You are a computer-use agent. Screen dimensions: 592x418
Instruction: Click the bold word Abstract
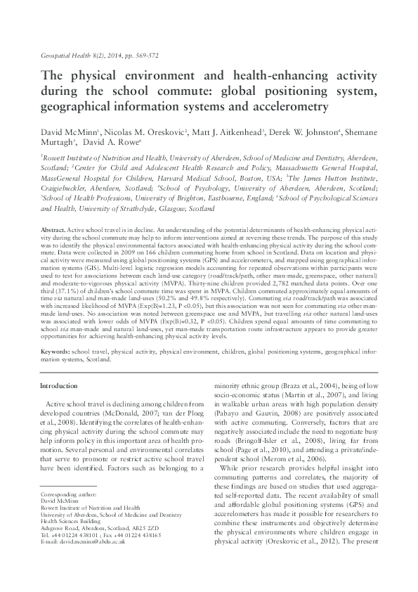[x=54, y=231]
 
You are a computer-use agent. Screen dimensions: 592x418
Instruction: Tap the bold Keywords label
[x=55, y=349]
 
